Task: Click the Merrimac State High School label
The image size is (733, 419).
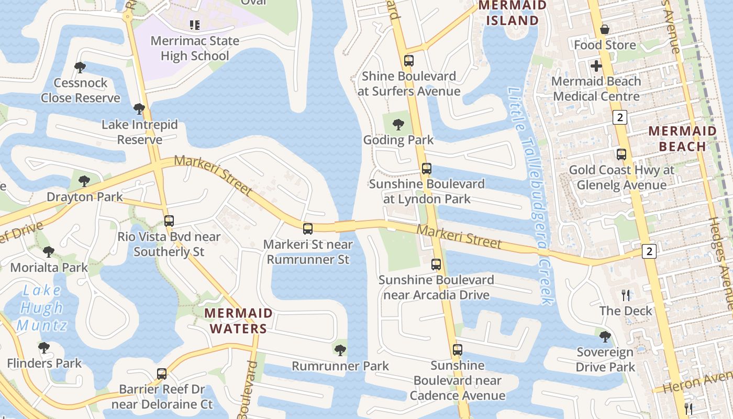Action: [194, 48]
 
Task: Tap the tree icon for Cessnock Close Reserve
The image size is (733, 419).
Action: [80, 68]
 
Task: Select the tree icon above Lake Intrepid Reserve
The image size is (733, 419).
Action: [139, 109]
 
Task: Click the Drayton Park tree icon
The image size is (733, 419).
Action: [83, 182]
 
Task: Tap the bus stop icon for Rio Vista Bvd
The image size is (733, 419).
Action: [169, 221]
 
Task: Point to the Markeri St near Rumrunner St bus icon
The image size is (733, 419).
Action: [308, 229]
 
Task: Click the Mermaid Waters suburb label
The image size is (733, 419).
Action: [238, 321]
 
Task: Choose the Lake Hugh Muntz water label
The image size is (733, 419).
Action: [42, 308]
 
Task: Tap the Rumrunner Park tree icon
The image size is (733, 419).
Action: [340, 350]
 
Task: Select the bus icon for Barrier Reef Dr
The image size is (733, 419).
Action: [162, 374]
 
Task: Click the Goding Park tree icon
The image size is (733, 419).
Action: [398, 125]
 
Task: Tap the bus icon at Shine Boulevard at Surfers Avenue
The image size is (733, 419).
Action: [409, 61]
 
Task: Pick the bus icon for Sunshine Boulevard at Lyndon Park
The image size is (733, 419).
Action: [427, 169]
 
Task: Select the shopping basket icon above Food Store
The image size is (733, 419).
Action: [605, 29]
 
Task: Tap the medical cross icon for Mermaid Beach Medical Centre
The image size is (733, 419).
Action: [596, 67]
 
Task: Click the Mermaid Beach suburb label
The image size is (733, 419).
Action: [682, 139]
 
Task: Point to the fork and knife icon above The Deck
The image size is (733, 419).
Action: [626, 295]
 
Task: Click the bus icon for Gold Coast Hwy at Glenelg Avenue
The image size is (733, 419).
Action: [621, 155]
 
